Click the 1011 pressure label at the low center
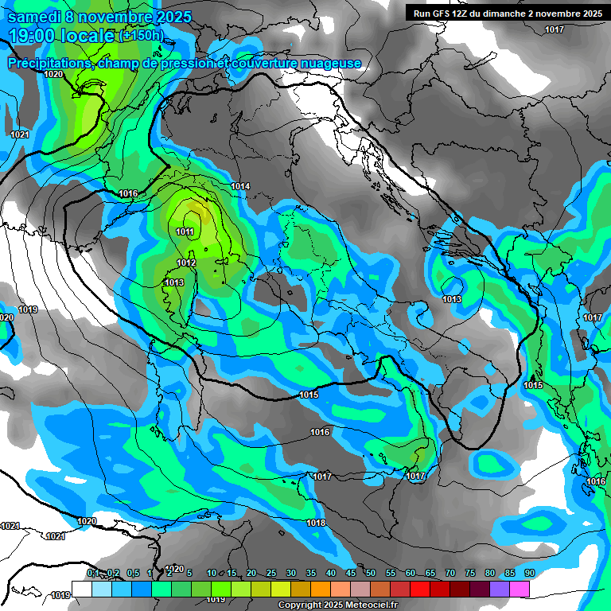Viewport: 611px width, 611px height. point(185,232)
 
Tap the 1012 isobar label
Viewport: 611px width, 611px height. point(186,263)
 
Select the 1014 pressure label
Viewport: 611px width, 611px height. point(240,186)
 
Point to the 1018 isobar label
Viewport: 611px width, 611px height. point(316,523)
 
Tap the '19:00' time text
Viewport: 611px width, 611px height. point(33,35)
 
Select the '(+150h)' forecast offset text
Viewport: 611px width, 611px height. point(141,35)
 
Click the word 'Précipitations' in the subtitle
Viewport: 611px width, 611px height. point(52,63)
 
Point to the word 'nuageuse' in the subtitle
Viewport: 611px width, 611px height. point(332,63)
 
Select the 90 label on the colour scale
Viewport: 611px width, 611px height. point(529,574)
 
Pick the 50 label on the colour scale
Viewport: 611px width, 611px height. point(371,574)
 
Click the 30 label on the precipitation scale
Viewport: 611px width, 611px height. point(291,574)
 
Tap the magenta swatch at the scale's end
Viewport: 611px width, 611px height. point(520,589)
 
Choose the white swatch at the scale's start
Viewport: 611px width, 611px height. point(82,589)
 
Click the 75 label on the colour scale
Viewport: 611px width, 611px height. point(470,574)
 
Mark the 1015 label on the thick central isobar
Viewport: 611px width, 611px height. point(309,395)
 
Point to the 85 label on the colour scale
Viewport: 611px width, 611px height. point(510,574)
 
